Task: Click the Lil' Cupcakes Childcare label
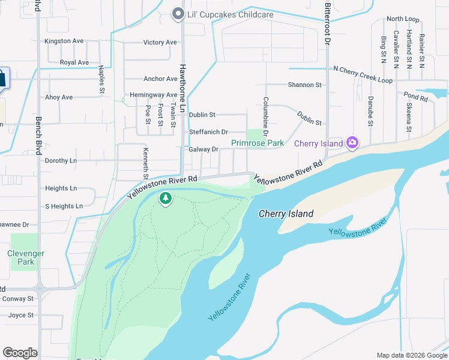[221, 14]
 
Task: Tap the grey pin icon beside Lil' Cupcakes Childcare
[178, 14]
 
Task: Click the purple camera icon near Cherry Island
[352, 143]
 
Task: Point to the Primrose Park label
[258, 143]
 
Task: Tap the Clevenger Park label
[26, 257]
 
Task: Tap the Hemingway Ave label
[154, 95]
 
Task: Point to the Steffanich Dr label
[208, 132]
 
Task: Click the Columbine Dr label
[265, 116]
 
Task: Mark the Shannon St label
[304, 85]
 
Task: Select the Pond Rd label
[415, 96]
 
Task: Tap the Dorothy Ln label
[61, 161]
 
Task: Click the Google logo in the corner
[20, 353]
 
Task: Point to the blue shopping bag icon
[3, 79]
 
